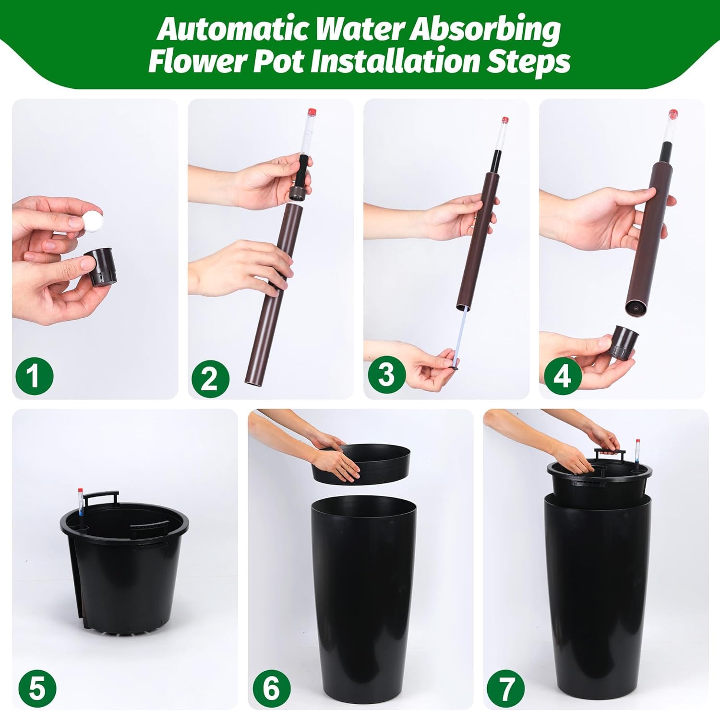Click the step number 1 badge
pyautogui.click(x=34, y=376)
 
